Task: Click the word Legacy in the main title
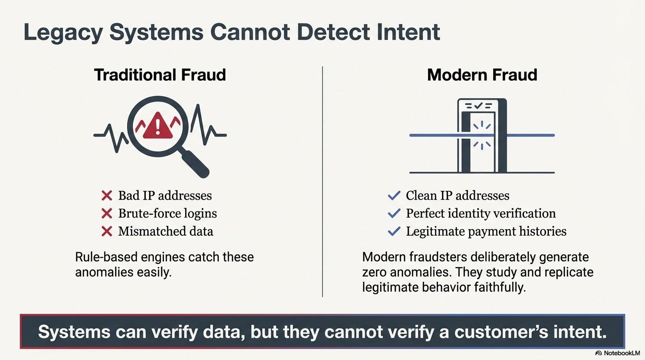pos(62,33)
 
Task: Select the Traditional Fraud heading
pos(160,75)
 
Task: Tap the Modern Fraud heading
pos(482,75)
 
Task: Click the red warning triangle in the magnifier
pos(157,126)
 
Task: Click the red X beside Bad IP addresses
pos(107,195)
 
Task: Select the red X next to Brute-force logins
pos(107,214)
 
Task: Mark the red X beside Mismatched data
pos(107,231)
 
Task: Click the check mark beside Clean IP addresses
pos(394,195)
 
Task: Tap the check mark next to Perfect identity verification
pos(394,214)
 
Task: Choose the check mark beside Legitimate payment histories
pos(394,231)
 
